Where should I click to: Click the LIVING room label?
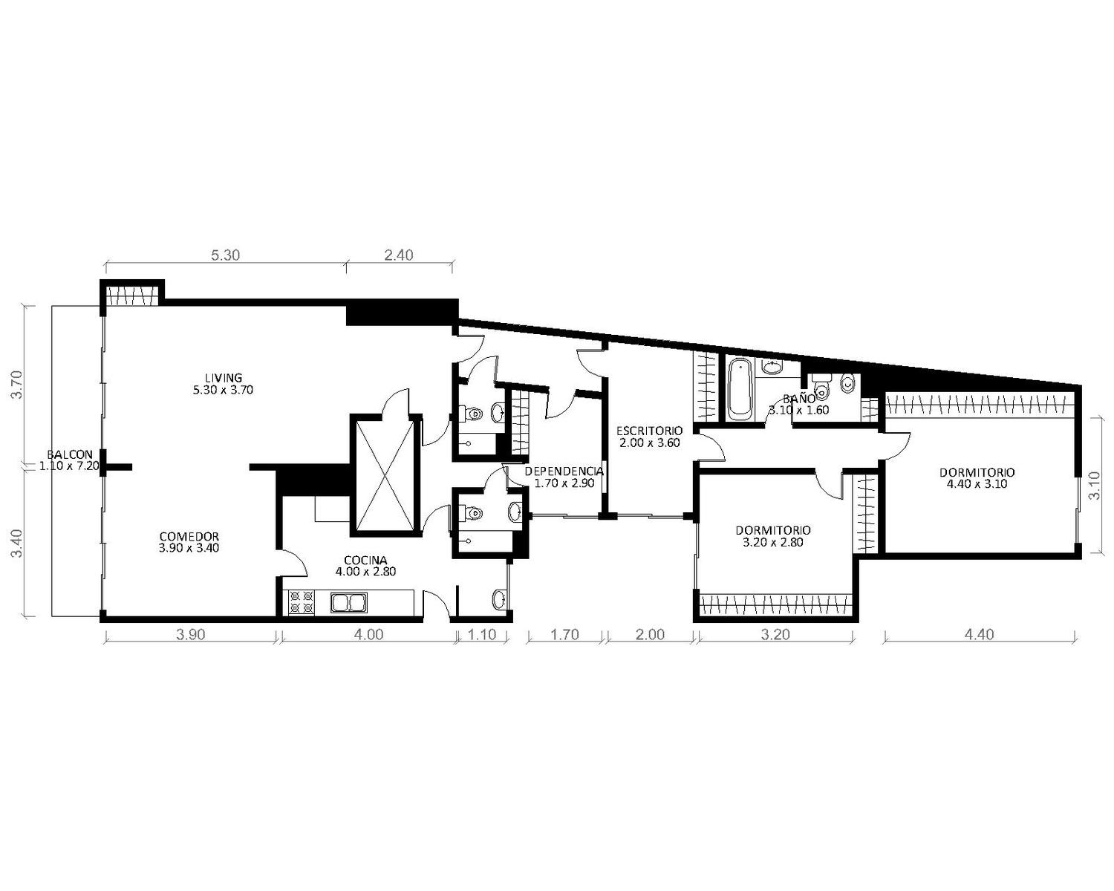pos(223,384)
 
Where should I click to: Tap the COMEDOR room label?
pos(189,542)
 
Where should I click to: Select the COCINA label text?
pos(365,566)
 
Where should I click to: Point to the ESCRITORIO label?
pos(649,437)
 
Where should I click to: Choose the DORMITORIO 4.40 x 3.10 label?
pos(977,478)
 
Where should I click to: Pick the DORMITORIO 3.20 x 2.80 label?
pos(773,536)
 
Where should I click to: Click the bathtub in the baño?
pos(740,389)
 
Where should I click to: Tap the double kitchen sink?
pos(349,603)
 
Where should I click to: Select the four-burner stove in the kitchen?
pos(302,603)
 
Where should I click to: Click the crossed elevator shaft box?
pos(382,474)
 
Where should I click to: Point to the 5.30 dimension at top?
pos(225,255)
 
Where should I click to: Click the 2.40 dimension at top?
pos(399,255)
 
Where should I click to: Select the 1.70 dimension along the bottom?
pos(564,635)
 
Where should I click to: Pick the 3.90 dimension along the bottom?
pos(191,635)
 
